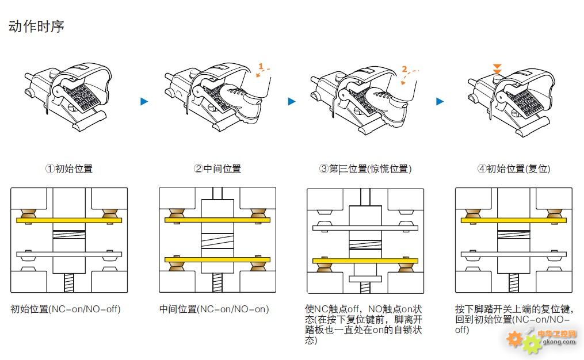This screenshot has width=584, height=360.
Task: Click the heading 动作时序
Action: point(36,26)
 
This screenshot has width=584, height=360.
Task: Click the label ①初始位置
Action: point(68,168)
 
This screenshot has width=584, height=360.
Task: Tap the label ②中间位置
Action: point(217,168)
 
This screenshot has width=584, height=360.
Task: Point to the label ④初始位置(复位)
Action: point(513,168)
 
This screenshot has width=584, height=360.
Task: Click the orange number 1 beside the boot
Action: point(261,67)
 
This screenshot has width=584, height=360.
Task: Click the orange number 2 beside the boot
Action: point(404,69)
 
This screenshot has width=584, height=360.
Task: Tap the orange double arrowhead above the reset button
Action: point(498,68)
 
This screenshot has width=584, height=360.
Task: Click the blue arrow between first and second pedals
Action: point(144,102)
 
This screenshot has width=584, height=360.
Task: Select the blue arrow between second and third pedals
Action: point(292,102)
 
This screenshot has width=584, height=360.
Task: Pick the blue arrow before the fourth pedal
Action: point(440,102)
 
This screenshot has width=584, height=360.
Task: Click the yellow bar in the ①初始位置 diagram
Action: point(69,220)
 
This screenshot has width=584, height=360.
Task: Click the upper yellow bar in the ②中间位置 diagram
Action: point(217,220)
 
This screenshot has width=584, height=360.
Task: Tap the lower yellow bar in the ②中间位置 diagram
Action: point(217,260)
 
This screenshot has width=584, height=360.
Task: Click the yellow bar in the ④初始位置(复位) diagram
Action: point(513,220)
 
